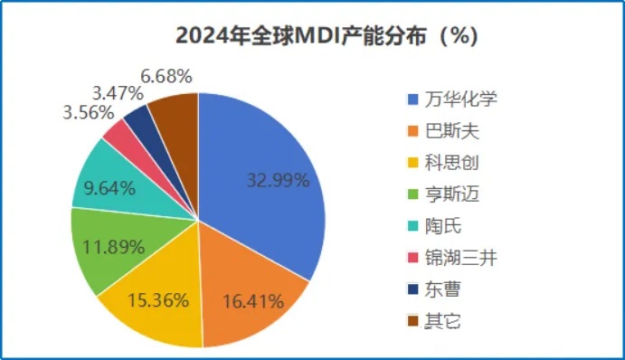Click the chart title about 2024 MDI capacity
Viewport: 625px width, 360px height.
[x=313, y=37]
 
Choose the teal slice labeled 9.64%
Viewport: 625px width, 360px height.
[x=109, y=185]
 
